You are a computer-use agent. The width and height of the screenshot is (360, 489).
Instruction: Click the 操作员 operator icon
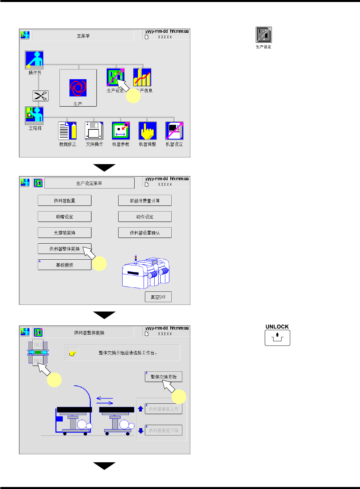click(x=34, y=60)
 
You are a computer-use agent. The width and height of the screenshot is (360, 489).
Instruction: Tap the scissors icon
click(x=40, y=96)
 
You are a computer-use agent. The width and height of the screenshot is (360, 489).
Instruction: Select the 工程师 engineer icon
click(x=34, y=116)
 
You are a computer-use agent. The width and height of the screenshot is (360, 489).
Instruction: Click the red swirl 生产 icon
click(x=78, y=88)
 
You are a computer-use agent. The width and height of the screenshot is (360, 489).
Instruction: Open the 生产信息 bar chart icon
click(x=142, y=77)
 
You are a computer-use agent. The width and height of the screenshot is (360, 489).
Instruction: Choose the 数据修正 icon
click(x=67, y=131)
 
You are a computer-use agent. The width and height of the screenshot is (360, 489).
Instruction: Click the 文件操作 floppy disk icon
click(x=94, y=131)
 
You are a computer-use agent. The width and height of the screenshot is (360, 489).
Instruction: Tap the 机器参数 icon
click(x=121, y=131)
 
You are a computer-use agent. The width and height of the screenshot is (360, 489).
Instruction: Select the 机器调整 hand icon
click(x=148, y=131)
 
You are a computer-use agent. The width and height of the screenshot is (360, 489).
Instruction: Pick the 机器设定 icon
click(x=174, y=131)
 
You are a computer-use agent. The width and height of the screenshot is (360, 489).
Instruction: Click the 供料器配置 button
click(x=64, y=201)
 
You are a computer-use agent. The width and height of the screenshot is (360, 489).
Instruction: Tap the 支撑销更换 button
click(x=64, y=233)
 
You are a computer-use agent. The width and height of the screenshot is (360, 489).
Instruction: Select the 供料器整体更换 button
click(x=64, y=249)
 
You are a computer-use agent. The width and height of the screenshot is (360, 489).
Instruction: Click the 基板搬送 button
click(x=64, y=265)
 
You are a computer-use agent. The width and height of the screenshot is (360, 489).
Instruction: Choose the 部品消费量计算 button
click(x=145, y=201)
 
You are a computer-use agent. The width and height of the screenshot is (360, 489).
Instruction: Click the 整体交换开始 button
click(x=163, y=377)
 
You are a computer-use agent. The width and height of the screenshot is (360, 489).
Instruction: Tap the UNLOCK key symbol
click(x=277, y=338)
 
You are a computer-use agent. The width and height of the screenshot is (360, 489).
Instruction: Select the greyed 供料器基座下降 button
click(x=163, y=431)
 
